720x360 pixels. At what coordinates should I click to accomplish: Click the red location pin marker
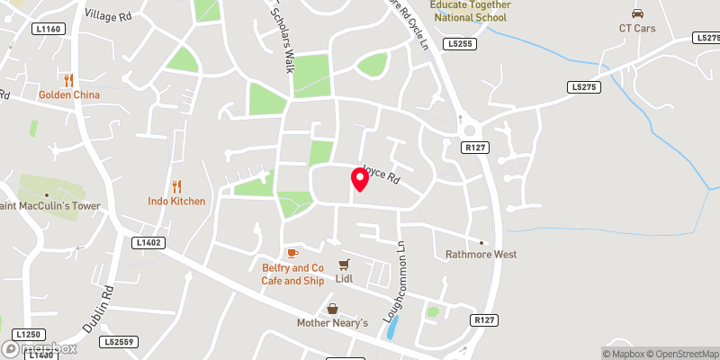click(x=359, y=179)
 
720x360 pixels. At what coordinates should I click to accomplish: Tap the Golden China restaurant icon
click(x=68, y=79)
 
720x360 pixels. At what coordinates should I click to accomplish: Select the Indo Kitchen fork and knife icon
click(x=176, y=186)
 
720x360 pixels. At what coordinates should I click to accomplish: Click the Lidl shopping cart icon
click(x=344, y=265)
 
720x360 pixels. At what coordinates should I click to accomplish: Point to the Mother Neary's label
click(x=332, y=322)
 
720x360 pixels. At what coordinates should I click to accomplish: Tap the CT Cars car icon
click(x=637, y=13)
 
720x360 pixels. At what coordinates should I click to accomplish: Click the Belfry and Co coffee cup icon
click(x=292, y=254)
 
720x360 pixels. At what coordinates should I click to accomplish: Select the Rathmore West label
click(x=481, y=254)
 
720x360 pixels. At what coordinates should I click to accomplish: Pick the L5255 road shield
click(x=457, y=42)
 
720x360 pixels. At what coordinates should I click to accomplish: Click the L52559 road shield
click(x=119, y=342)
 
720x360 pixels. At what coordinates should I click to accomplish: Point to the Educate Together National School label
click(x=470, y=10)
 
